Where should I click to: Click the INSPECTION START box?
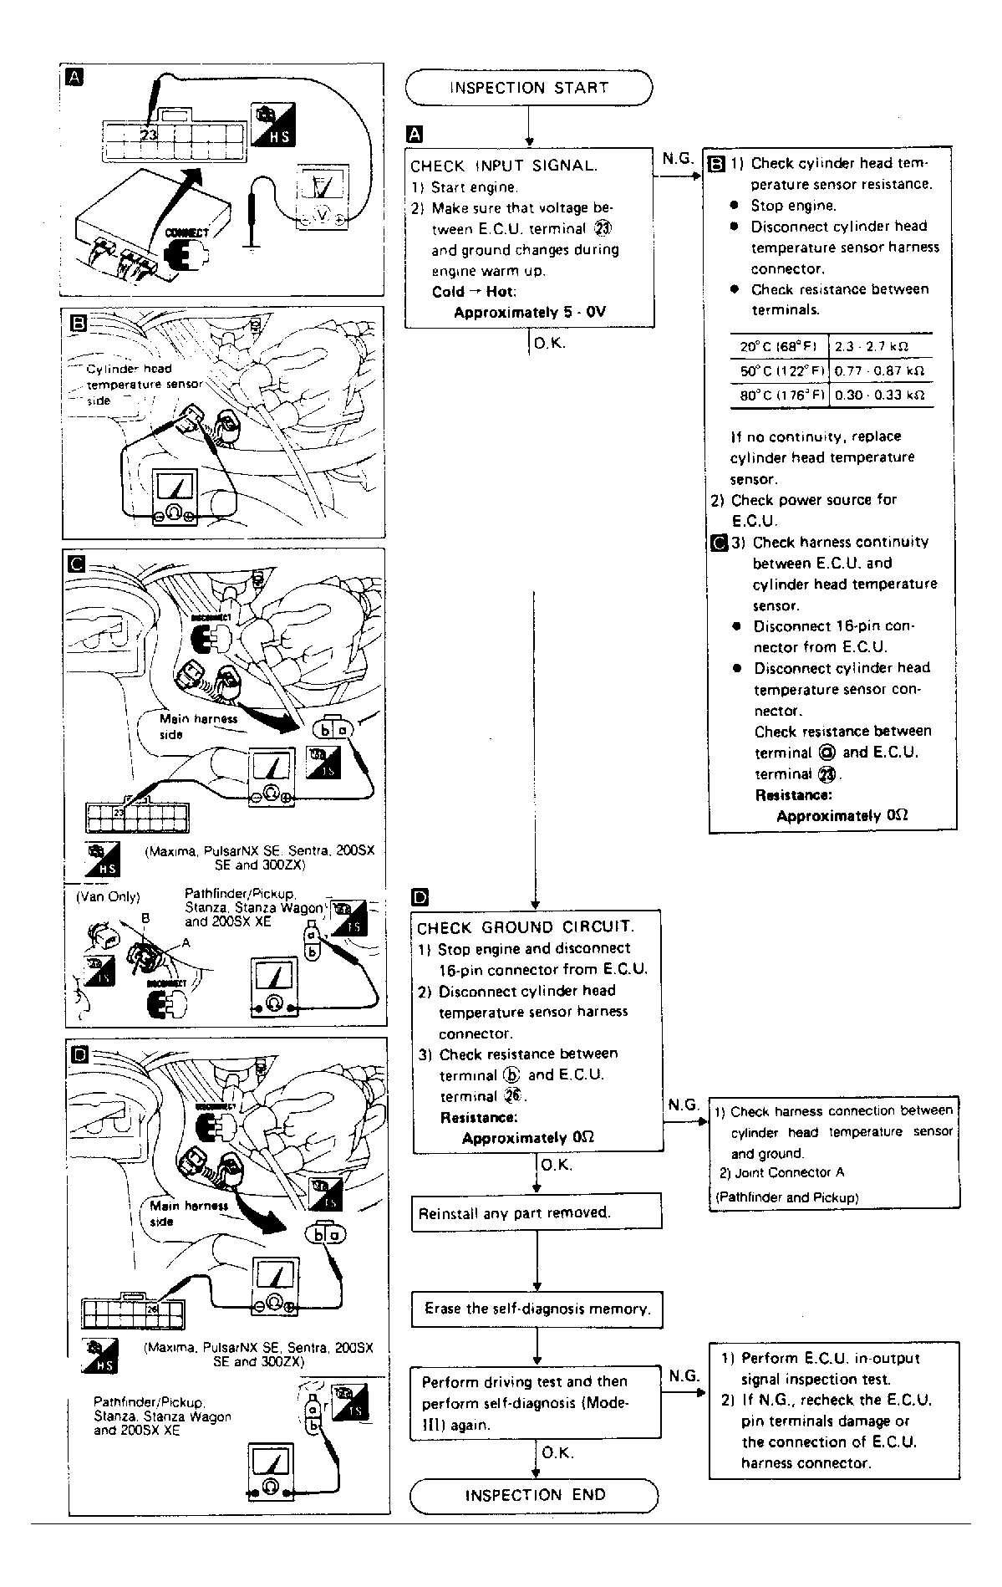(528, 88)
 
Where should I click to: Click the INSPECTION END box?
(535, 1495)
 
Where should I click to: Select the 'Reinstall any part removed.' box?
(537, 1212)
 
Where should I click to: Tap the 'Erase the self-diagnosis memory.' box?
(537, 1309)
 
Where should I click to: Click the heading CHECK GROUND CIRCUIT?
(526, 927)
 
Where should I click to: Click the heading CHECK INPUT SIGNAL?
(504, 166)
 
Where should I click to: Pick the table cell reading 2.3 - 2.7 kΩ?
(872, 346)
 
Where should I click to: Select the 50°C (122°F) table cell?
(778, 370)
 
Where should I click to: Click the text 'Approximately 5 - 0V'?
(530, 313)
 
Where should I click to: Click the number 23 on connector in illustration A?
(149, 135)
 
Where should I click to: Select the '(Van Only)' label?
(108, 897)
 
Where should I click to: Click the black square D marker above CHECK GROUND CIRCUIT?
(421, 899)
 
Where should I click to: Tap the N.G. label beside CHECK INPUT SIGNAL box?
(678, 157)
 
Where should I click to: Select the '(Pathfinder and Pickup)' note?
(786, 1197)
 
